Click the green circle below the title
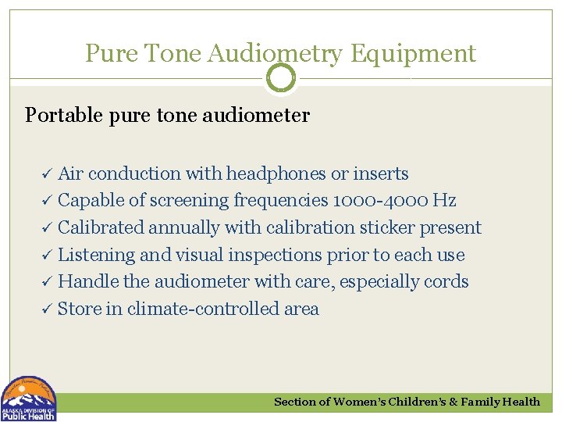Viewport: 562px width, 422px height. pos(281,77)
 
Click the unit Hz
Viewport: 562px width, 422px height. pos(444,201)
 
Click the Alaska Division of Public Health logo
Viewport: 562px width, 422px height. pos(29,399)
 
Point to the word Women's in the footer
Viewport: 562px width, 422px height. pos(361,402)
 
